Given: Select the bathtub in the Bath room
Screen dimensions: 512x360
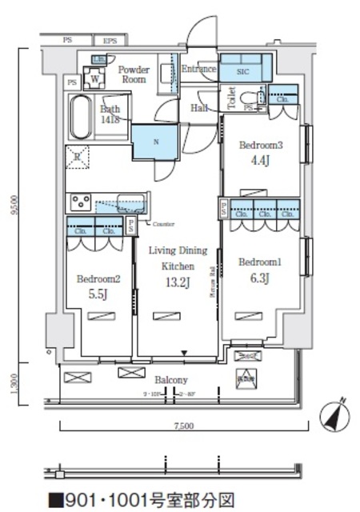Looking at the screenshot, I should (84, 118).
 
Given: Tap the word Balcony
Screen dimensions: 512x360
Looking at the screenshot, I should (171, 380).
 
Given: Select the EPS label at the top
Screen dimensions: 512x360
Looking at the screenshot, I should (110, 40).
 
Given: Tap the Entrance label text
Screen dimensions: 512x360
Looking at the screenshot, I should (198, 70).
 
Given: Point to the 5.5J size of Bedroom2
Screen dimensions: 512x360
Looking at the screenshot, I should (98, 294).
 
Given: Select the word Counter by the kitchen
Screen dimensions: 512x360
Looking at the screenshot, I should (164, 223).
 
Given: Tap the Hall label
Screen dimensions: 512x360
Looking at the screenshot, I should (200, 107).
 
